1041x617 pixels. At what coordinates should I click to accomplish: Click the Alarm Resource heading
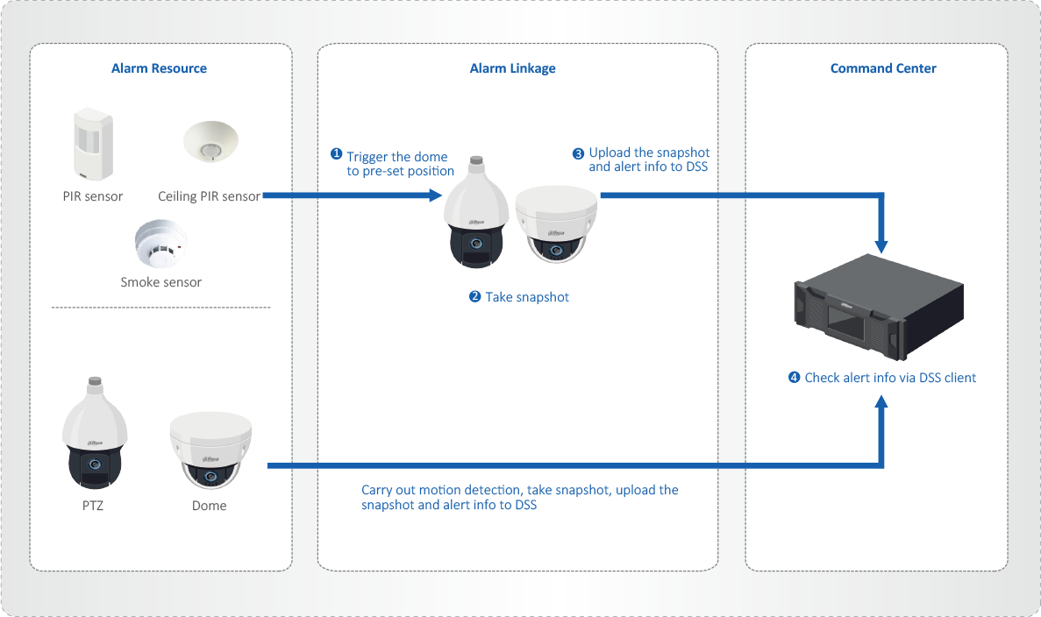point(159,68)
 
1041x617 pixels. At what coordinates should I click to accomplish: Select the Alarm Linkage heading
point(512,68)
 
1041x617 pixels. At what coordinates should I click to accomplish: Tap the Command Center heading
point(883,68)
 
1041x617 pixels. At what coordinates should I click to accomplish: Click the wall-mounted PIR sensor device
point(91,143)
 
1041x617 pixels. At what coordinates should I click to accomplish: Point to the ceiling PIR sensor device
point(210,141)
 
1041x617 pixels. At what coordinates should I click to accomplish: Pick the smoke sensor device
point(160,244)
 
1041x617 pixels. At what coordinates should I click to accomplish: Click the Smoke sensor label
point(160,282)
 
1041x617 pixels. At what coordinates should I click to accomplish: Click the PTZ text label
point(93,506)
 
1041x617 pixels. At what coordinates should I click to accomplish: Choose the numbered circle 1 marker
point(336,154)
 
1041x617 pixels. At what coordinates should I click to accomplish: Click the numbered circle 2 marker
point(475,297)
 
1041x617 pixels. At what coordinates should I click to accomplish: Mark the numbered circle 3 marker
point(578,153)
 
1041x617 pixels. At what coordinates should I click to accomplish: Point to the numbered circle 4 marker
point(795,378)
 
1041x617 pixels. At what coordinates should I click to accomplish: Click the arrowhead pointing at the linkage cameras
point(436,195)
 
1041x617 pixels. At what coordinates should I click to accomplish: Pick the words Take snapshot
point(527,297)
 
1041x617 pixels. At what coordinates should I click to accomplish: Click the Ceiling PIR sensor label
point(209,196)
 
